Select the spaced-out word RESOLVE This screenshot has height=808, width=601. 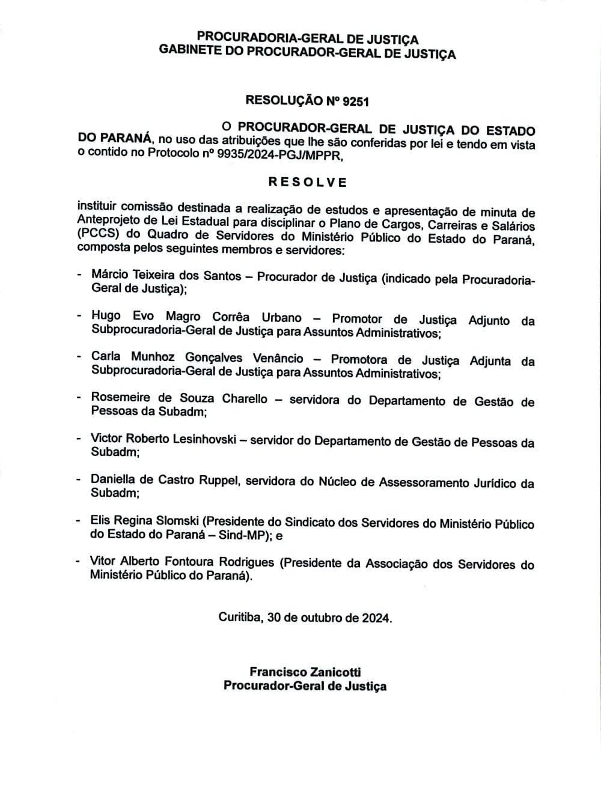tap(307, 182)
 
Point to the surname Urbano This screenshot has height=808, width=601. tap(281, 317)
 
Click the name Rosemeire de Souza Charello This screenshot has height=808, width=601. tap(179, 398)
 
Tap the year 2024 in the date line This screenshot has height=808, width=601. tap(376, 618)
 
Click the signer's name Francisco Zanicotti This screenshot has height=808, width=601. tap(305, 672)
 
